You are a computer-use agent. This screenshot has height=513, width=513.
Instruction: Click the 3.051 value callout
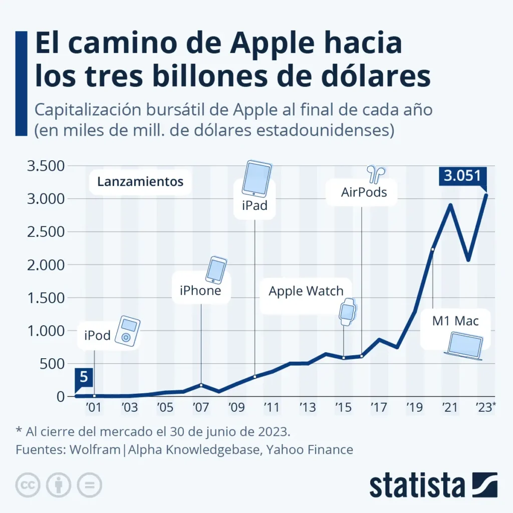point(462,176)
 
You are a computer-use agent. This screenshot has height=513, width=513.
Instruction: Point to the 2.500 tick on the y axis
point(44,232)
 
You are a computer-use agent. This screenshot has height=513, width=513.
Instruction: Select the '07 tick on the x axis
point(201,406)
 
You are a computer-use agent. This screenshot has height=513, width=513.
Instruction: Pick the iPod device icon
point(127,331)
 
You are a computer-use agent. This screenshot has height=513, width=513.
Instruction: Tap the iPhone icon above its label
point(216,270)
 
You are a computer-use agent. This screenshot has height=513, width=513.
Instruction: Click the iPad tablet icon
point(256,178)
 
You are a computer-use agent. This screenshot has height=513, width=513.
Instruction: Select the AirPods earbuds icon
point(374,174)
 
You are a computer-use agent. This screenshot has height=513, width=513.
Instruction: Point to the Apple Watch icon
point(347,312)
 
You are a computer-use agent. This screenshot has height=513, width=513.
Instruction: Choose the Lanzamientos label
point(140,181)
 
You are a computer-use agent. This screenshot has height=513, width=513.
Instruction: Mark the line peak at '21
point(450,204)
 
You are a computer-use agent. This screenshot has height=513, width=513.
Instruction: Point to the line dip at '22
point(468,260)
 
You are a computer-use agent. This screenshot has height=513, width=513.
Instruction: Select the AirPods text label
point(364,191)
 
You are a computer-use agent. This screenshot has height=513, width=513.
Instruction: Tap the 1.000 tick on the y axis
point(44,331)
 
